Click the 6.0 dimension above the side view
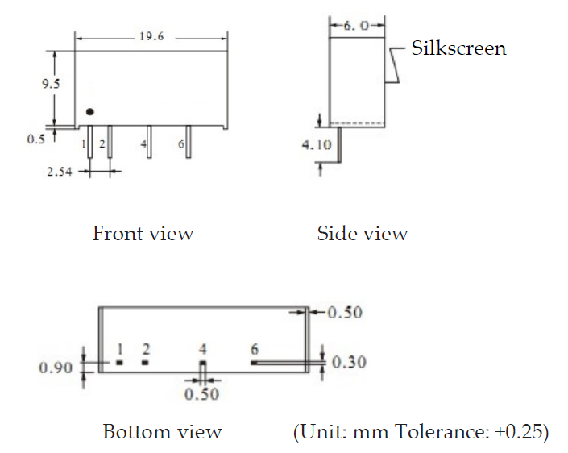coord(354,27)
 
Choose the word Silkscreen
coord(458,48)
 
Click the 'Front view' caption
coord(143,234)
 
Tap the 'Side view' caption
coord(363,234)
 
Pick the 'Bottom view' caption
coord(162,431)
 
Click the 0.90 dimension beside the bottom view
coord(56,368)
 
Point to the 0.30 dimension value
coord(349,362)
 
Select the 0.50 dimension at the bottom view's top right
coord(346,313)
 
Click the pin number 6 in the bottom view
coord(255,349)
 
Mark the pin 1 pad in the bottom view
coord(119,363)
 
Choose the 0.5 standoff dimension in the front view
coord(36,139)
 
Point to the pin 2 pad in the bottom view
coord(145,363)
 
